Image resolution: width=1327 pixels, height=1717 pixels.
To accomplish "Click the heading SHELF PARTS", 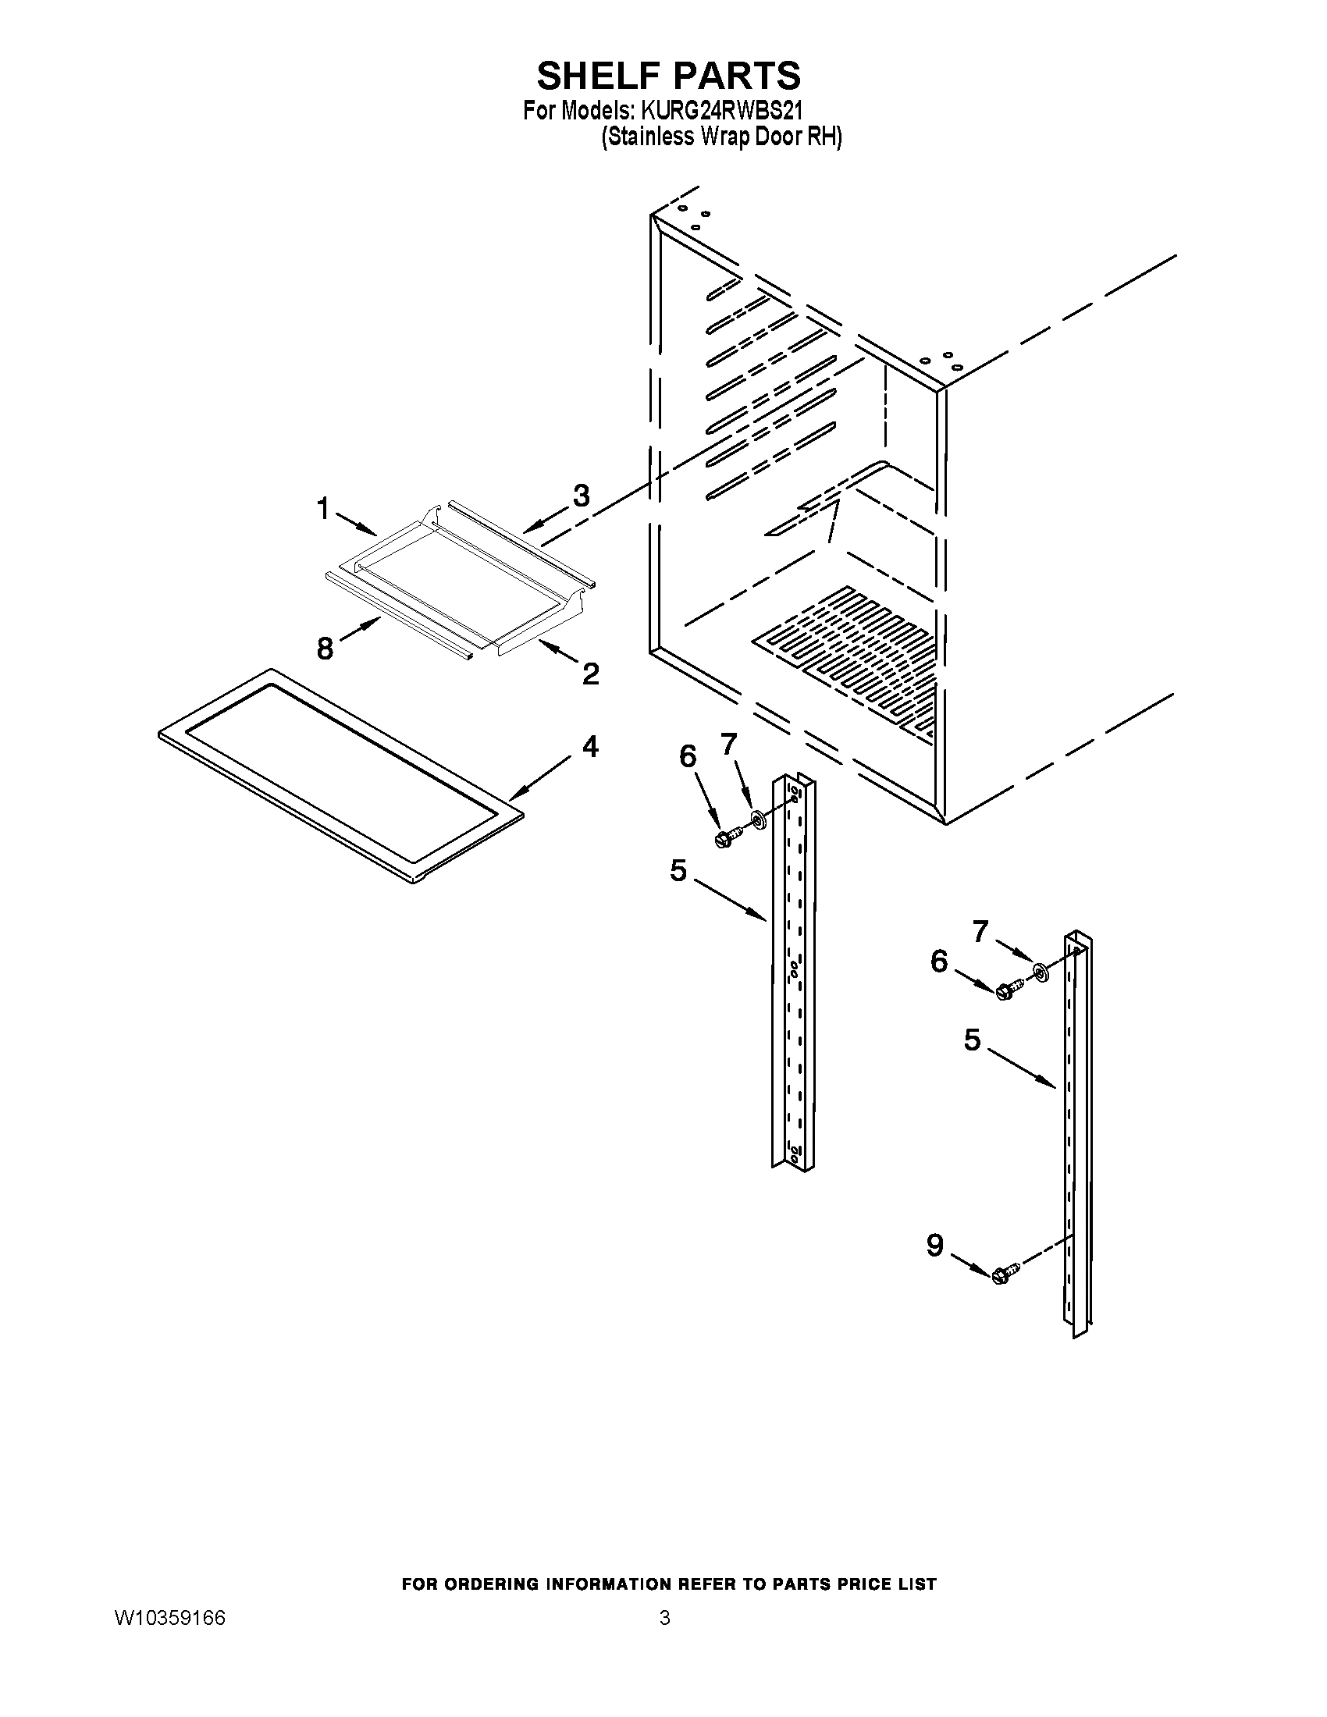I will (668, 76).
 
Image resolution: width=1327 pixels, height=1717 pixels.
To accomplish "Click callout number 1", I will (322, 510).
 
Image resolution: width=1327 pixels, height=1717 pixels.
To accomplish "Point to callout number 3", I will (580, 496).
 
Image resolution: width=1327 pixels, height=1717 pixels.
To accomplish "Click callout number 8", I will (325, 649).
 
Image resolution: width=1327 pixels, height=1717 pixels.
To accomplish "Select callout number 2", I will (590, 673).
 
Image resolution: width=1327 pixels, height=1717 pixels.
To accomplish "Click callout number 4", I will (589, 746).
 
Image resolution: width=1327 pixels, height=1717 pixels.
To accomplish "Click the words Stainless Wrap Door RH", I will (721, 137).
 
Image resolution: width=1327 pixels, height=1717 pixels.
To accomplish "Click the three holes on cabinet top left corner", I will (694, 216).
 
